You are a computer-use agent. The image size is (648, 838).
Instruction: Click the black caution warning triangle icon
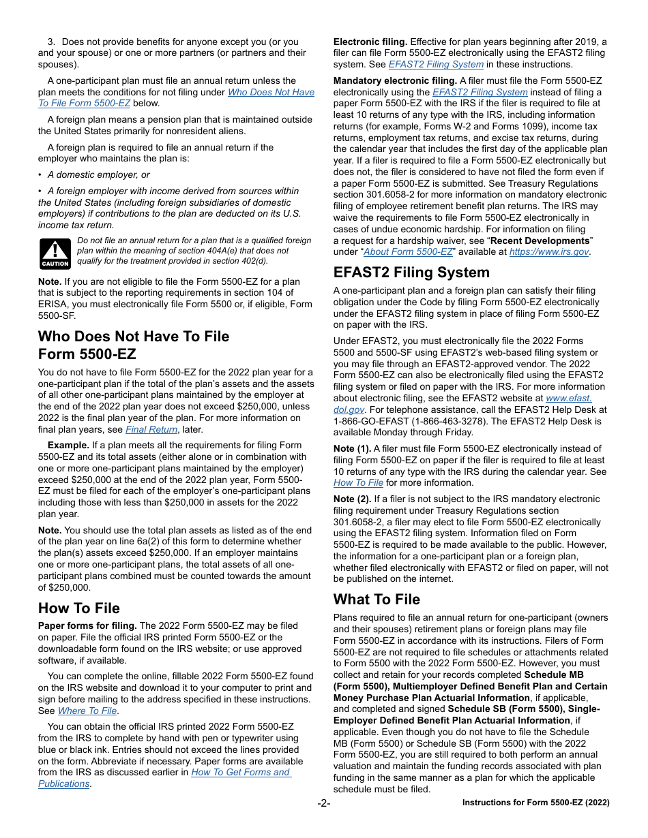click(55, 253)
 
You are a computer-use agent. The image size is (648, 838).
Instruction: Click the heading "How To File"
click(78, 608)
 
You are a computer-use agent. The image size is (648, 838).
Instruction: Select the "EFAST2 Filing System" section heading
click(411, 273)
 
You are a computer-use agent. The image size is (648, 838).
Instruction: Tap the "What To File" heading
click(377, 599)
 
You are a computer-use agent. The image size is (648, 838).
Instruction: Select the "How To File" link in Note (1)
click(358, 482)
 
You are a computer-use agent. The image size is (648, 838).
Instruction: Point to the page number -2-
click(323, 803)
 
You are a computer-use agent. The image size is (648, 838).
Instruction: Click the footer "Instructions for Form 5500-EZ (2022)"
click(535, 803)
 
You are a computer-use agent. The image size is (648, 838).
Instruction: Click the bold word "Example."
click(69, 445)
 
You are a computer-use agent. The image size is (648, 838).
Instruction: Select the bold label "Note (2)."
click(353, 499)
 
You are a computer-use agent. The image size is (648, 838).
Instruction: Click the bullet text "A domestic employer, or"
click(99, 174)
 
